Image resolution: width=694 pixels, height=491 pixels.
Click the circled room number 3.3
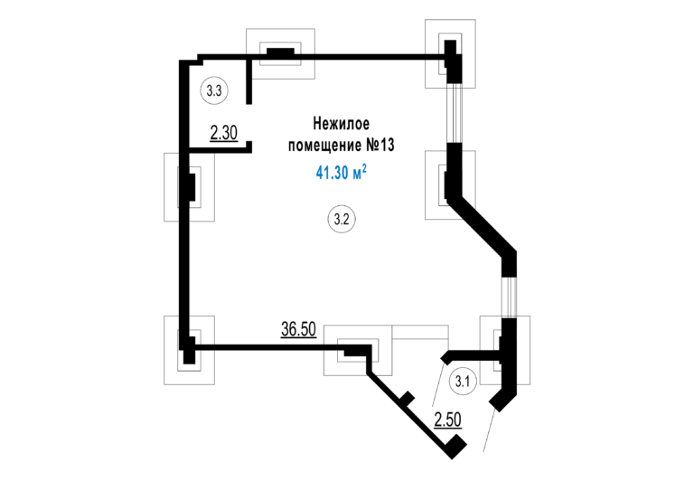(214, 90)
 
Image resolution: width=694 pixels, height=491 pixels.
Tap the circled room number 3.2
(342, 219)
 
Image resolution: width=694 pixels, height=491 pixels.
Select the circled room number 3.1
(463, 381)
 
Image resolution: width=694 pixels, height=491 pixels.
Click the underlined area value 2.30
(224, 133)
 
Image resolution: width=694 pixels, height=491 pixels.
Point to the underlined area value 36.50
(299, 329)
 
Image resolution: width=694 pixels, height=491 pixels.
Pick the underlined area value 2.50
(448, 420)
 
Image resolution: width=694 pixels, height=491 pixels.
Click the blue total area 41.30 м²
(342, 172)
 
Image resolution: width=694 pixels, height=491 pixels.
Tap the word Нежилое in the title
(342, 124)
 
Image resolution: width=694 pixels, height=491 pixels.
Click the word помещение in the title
(324, 146)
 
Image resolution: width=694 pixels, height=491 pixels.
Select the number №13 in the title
(380, 145)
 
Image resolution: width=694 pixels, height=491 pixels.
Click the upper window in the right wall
(455, 113)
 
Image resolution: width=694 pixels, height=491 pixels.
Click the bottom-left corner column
(189, 350)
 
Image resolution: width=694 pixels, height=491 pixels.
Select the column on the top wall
(280, 52)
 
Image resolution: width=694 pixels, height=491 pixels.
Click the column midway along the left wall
(190, 187)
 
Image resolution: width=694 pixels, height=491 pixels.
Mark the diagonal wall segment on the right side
(482, 226)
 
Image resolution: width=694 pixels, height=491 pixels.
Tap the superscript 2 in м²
(364, 167)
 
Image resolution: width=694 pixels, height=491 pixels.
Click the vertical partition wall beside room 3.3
(249, 81)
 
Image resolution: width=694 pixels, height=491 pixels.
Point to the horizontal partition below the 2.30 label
(220, 150)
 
